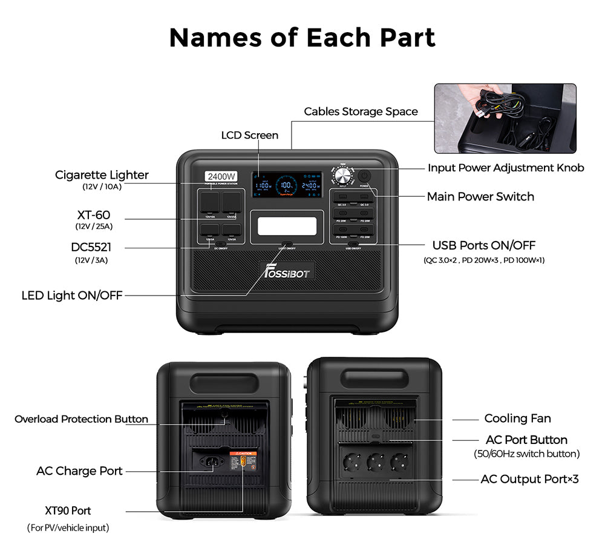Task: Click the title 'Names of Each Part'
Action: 302,38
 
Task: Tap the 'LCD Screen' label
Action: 250,135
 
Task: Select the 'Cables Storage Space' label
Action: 361,111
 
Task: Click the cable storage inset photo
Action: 505,118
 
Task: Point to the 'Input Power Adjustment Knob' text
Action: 506,168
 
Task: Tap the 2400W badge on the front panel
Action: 221,176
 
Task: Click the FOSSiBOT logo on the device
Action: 287,271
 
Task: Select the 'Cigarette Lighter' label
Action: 102,175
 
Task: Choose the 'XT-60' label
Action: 94,215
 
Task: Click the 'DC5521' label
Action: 91,248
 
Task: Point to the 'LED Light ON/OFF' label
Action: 72,296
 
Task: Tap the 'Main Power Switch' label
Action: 480,196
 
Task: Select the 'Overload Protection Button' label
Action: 81,419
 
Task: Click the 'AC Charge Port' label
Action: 79,471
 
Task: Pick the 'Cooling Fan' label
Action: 517,418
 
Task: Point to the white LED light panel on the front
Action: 286,227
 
